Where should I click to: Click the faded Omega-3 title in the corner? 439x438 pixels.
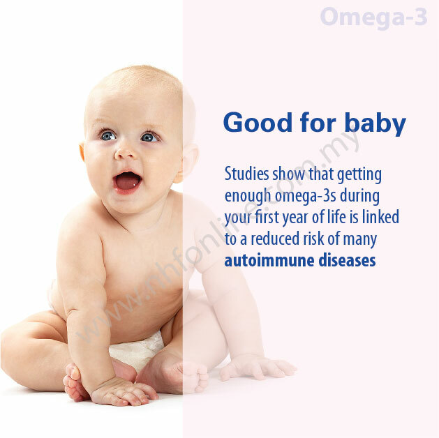pyautogui.click(x=374, y=17)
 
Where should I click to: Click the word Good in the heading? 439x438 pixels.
pyautogui.click(x=258, y=123)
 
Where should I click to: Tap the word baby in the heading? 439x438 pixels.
pyautogui.click(x=375, y=123)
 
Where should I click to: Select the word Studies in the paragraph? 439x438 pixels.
pyautogui.click(x=246, y=174)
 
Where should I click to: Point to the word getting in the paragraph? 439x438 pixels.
pyautogui.click(x=359, y=175)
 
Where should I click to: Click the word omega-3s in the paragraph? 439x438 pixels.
pyautogui.click(x=306, y=196)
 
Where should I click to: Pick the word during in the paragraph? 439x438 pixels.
pyautogui.click(x=359, y=196)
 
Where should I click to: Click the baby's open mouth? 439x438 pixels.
pyautogui.click(x=127, y=182)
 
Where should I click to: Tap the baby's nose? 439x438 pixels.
pyautogui.click(x=125, y=153)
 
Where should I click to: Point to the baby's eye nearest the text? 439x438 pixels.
pyautogui.click(x=149, y=137)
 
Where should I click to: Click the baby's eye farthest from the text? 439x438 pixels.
pyautogui.click(x=108, y=136)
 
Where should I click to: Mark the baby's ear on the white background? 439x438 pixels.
pyautogui.click(x=82, y=152)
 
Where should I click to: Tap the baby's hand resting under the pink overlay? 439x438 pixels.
pyautogui.click(x=258, y=367)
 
